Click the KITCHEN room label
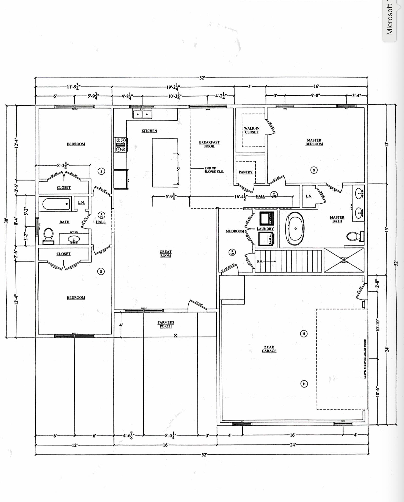(149, 131)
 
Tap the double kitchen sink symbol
(142, 114)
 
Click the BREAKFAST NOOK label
(209, 144)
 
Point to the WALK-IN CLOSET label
(252, 130)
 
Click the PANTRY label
(246, 172)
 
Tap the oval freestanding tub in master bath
(295, 228)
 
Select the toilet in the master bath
(354, 236)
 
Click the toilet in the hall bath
(48, 236)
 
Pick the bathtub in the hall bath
(56, 204)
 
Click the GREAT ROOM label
(165, 254)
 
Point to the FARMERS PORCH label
(166, 324)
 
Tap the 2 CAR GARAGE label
(269, 349)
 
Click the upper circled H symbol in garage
(304, 334)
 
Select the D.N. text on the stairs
(259, 262)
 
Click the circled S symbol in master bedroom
(314, 170)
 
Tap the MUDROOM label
(235, 231)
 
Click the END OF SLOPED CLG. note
(214, 170)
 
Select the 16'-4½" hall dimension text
(241, 197)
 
